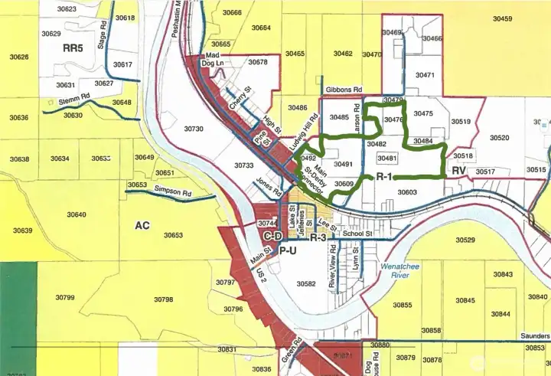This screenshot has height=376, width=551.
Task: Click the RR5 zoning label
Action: (x=72, y=47)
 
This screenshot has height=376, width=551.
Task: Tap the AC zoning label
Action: (x=142, y=226)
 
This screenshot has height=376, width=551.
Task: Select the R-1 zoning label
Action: (x=384, y=177)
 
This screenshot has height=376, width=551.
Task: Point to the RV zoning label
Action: (x=459, y=170)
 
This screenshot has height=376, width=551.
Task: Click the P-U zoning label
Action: (x=287, y=250)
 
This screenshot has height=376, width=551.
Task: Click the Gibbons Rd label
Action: (x=343, y=90)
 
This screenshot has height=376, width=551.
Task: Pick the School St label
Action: (x=357, y=234)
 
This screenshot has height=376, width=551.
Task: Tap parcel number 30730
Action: (x=194, y=129)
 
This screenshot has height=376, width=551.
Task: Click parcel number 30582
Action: (x=305, y=283)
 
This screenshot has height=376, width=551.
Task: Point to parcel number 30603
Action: (x=407, y=192)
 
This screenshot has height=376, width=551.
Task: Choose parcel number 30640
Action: (x=77, y=214)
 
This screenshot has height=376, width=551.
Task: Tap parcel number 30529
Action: (x=465, y=240)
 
